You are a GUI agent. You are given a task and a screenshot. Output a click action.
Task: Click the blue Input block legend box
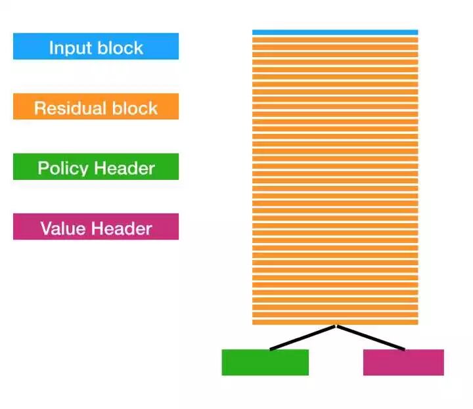pos(96,47)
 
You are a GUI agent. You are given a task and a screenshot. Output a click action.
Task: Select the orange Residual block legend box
pos(96,106)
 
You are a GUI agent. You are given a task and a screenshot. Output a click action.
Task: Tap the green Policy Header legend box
pos(96,167)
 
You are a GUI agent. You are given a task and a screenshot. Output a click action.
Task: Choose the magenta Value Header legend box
pos(96,227)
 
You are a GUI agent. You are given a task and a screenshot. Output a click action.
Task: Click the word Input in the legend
pos(70,48)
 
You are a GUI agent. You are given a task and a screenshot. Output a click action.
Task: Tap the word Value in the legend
pos(64,228)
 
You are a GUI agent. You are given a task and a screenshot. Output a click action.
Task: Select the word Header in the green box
pos(124,168)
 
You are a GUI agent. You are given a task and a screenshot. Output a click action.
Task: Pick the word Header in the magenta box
pos(122,228)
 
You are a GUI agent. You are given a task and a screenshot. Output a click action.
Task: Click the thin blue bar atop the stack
pos(335,32)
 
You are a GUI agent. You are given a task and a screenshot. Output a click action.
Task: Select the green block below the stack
pos(265,362)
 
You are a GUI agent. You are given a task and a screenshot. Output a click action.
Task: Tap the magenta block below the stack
pos(403,362)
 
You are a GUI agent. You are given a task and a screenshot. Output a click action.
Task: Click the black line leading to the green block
pos(302,338)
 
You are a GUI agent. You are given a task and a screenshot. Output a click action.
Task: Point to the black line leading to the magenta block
pos(371,338)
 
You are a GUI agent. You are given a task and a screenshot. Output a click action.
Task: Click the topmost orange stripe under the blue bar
pos(335,39)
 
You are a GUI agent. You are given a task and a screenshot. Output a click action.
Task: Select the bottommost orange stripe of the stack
pos(335,322)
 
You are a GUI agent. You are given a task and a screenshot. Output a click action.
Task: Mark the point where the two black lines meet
pos(336,326)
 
